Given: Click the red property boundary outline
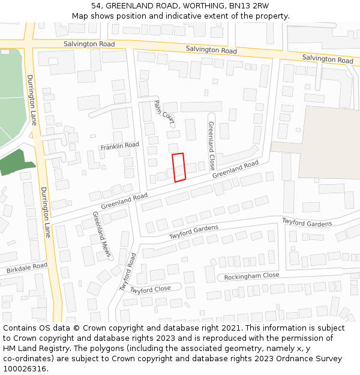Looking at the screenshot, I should click(179, 167).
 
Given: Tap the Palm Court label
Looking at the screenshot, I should click(163, 112).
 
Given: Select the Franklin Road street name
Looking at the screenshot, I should click(119, 146).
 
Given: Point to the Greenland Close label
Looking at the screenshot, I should click(211, 146).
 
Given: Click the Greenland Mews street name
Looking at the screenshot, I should click(101, 235).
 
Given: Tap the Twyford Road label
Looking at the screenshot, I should click(128, 272).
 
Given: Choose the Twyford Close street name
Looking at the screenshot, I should click(151, 289).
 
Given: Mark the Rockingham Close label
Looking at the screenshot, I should click(251, 276).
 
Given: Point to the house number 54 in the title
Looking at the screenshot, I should click(96, 6).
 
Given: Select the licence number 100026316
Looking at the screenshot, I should click(25, 369).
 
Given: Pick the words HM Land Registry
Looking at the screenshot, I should click(36, 349).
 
